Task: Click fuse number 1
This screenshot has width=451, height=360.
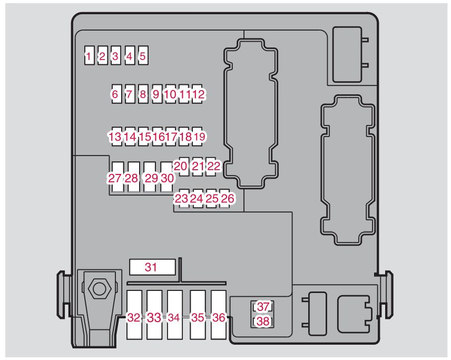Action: [90, 55]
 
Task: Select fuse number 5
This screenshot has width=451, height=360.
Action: [142, 55]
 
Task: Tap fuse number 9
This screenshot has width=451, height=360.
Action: [156, 94]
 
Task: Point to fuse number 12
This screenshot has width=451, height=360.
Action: [198, 94]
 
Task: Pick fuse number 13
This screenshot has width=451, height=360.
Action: [115, 137]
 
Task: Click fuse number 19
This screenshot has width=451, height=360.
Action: [199, 137]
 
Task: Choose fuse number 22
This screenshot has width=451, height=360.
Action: [213, 167]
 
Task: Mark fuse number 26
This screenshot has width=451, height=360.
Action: [227, 198]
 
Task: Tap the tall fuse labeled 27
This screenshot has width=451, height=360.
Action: [115, 178]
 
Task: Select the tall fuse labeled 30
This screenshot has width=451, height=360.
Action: [167, 178]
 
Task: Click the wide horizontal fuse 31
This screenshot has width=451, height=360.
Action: [152, 267]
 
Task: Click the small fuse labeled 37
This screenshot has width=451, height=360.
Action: [263, 307]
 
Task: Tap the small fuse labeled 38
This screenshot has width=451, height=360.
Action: [263, 321]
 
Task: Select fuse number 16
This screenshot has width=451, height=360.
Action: [157, 137]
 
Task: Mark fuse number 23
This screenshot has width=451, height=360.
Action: [181, 198]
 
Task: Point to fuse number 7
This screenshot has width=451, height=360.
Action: [129, 94]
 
